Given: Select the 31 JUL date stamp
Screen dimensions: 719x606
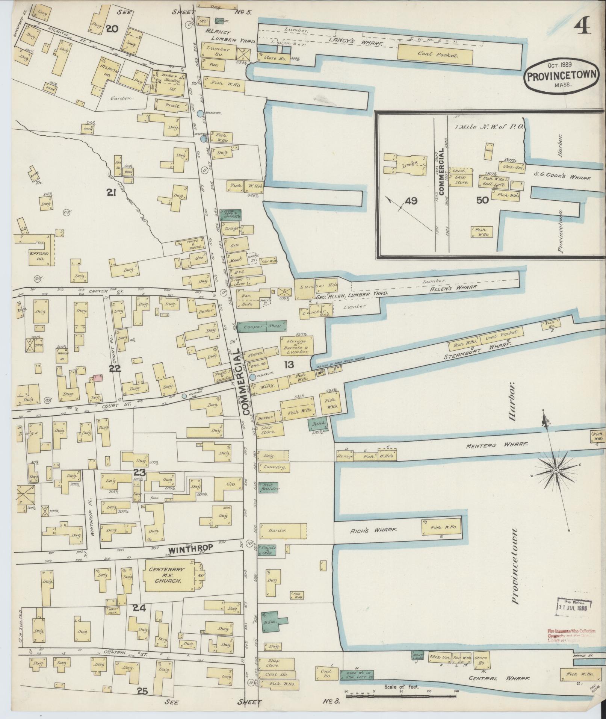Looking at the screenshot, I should tap(572, 607).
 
